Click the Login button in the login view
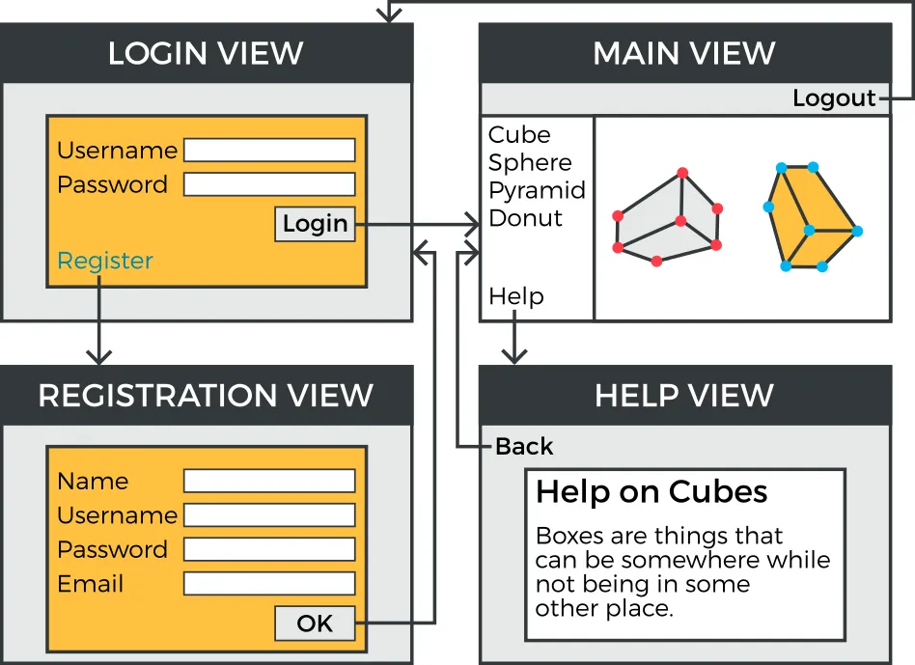315,224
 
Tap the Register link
105,261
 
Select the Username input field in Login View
269,150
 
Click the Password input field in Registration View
269,549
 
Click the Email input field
269,584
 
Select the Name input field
269,481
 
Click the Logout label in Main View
834,98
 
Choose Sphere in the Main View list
530,162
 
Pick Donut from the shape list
525,218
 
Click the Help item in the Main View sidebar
516,296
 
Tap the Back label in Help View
524,447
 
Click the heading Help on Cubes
652,492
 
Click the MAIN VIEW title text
684,53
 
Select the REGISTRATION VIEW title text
206,395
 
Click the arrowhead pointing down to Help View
516,356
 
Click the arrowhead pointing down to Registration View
98,356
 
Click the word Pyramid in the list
537,190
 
